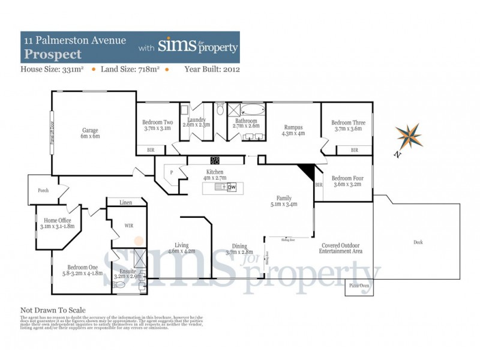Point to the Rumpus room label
[x=293, y=130]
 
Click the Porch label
[x=43, y=190]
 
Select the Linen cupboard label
[x=125, y=202]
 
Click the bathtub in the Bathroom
[x=251, y=110]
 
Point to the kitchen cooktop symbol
[x=214, y=160]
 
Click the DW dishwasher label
[x=232, y=187]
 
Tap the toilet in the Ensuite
[x=119, y=286]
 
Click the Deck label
[x=418, y=242]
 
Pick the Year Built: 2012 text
[x=212, y=70]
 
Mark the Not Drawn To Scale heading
[x=53, y=310]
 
